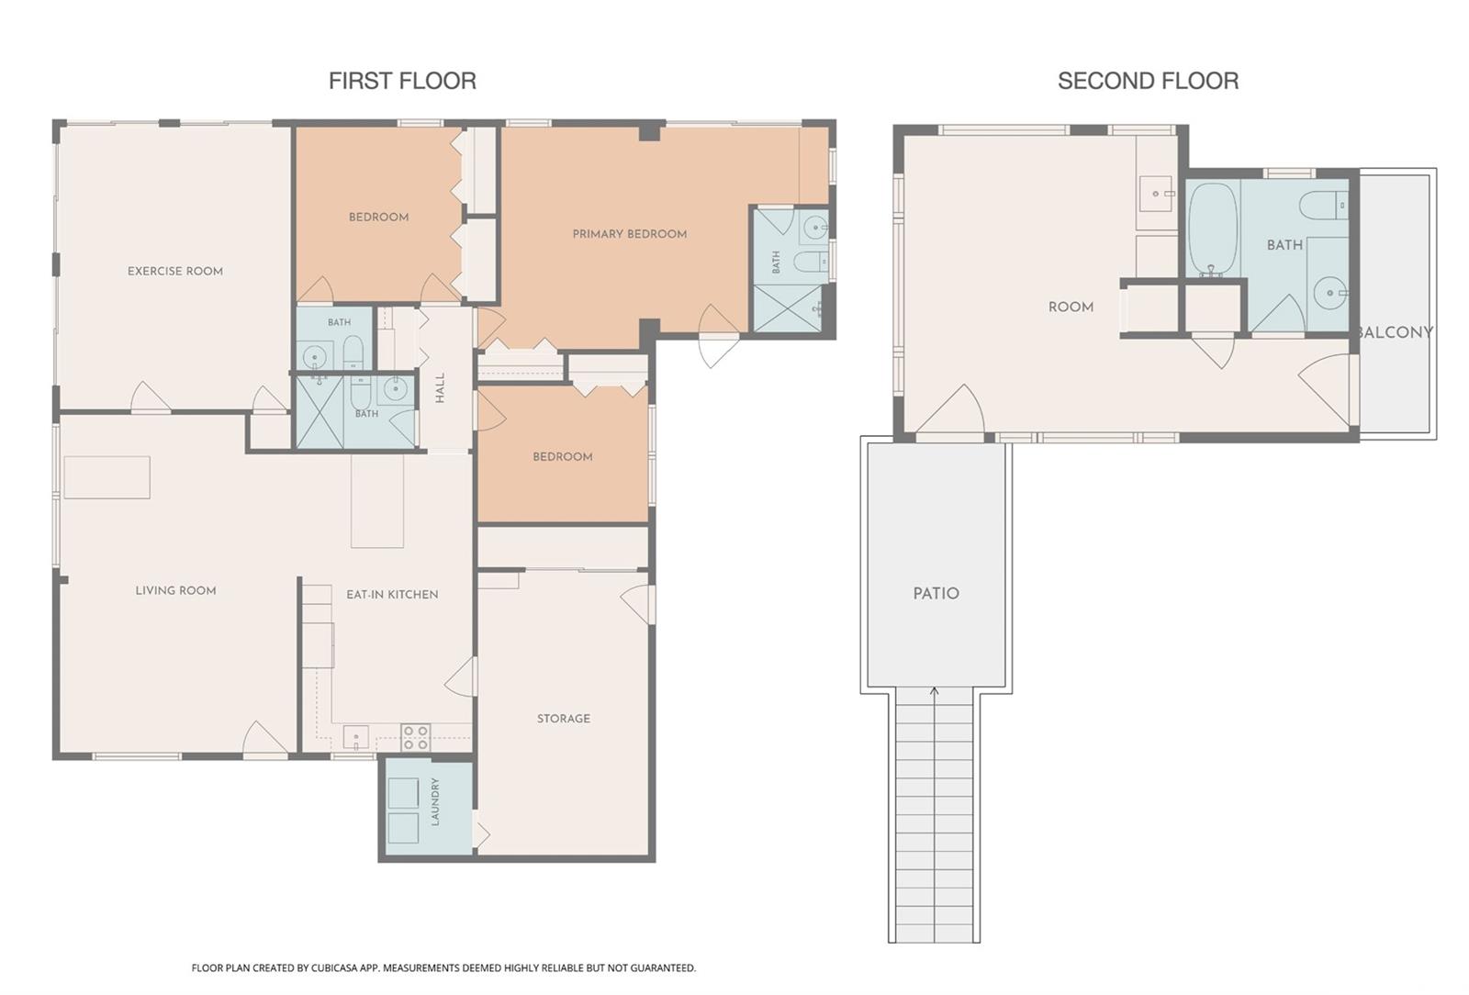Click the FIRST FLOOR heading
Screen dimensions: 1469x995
402,81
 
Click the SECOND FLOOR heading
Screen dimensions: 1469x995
1148,81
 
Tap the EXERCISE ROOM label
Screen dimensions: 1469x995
175,271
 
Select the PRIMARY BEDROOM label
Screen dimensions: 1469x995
630,234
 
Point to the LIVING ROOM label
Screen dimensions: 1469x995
175,590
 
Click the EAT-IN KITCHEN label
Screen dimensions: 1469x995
392,595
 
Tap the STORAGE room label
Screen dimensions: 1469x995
564,719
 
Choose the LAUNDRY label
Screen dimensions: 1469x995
435,801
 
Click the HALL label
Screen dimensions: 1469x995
440,387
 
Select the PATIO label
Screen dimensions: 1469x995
936,593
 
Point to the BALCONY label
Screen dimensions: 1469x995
1395,332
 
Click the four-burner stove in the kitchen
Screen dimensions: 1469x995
415,737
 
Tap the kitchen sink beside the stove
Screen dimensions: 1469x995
355,737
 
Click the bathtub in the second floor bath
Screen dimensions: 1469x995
1213,229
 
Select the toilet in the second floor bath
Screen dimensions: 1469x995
1323,206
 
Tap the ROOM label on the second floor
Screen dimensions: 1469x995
1071,307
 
